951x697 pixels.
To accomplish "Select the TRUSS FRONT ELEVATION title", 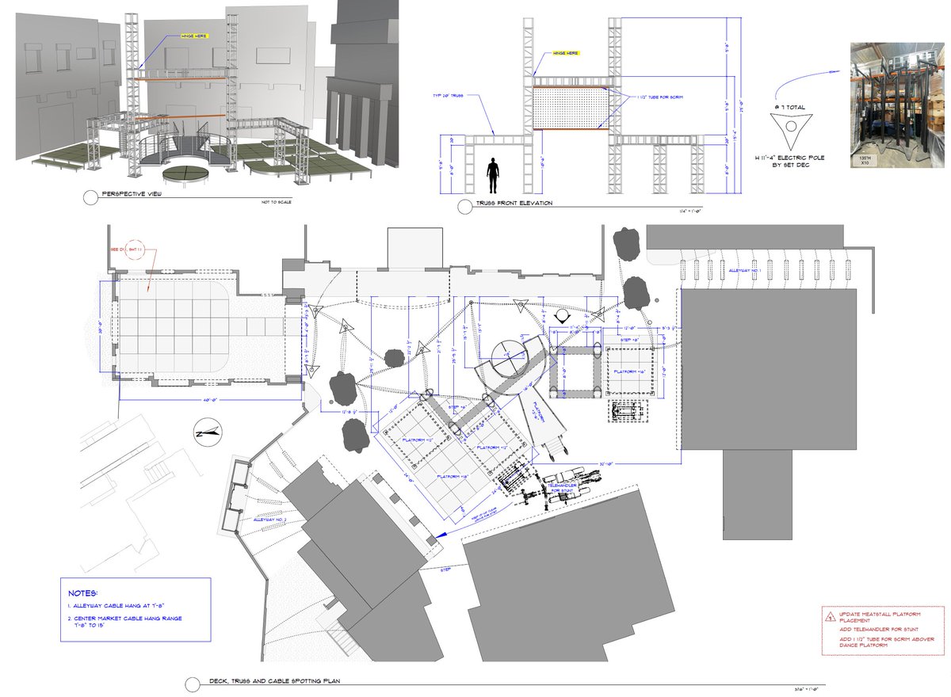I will tap(514, 204).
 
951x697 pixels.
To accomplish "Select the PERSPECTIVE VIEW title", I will tap(130, 194).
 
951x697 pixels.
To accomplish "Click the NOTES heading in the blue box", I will tap(82, 592).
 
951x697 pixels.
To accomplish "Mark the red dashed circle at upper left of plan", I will tap(132, 249).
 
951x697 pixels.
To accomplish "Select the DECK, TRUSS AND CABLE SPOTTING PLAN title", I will tap(274, 681).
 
